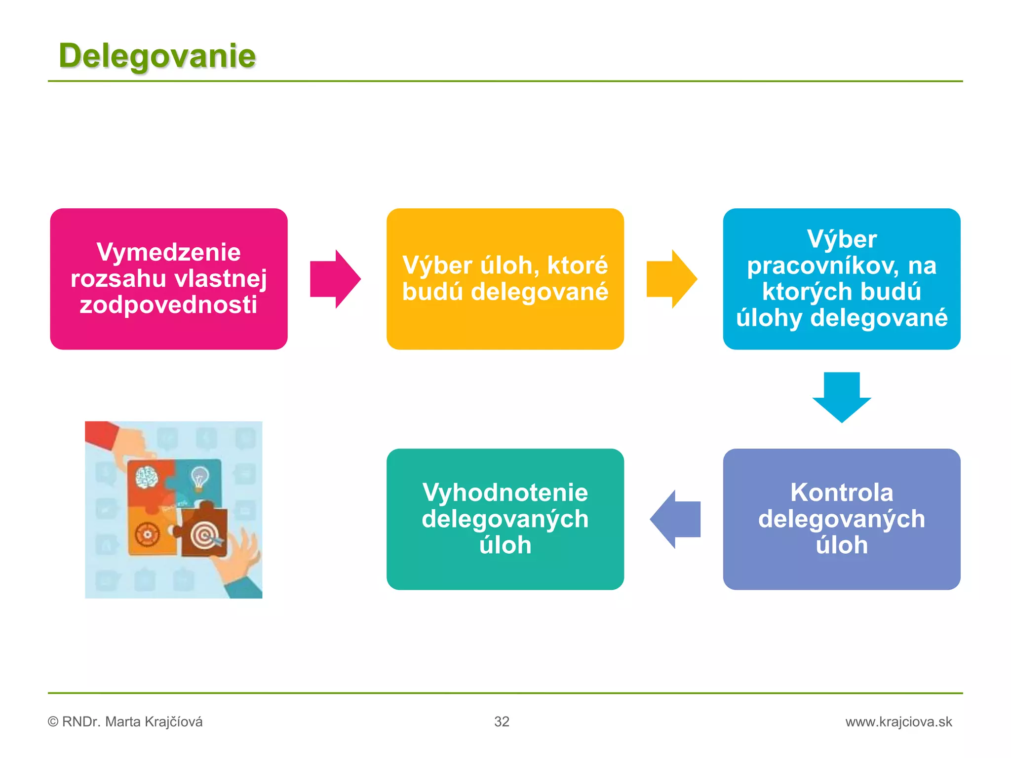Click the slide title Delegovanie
[157, 55]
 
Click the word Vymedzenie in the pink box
[169, 252]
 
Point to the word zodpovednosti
[169, 305]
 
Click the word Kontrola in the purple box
[842, 493]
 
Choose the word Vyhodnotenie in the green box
[505, 493]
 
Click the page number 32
[502, 721]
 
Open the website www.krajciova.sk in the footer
[898, 721]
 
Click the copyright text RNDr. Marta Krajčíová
[132, 721]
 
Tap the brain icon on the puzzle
[147, 477]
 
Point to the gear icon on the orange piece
[147, 534]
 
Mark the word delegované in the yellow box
[539, 292]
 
